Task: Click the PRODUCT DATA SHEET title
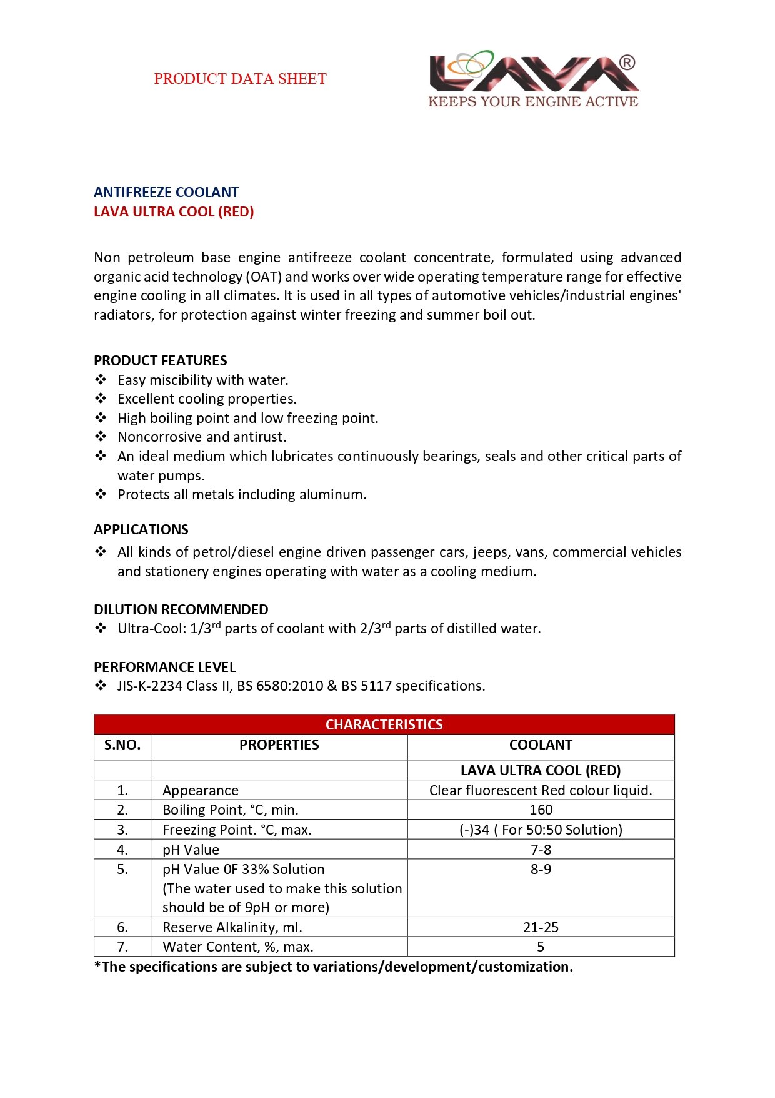(x=240, y=79)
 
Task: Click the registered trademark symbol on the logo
(x=627, y=62)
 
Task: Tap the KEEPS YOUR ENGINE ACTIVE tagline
(x=533, y=101)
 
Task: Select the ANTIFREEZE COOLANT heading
(x=166, y=192)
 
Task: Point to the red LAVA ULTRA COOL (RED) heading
(x=174, y=211)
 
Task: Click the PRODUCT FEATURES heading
(x=161, y=360)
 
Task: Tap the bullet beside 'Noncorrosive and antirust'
(x=101, y=437)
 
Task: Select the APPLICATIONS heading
(x=141, y=529)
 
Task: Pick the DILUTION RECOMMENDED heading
(x=181, y=609)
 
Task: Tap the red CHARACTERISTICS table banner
(x=384, y=724)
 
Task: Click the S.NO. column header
(x=122, y=745)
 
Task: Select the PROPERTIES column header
(x=279, y=745)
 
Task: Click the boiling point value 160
(x=541, y=810)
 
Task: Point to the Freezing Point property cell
(x=237, y=830)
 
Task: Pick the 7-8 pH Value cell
(x=541, y=850)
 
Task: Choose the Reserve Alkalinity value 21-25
(x=541, y=927)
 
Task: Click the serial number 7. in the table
(x=122, y=947)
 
